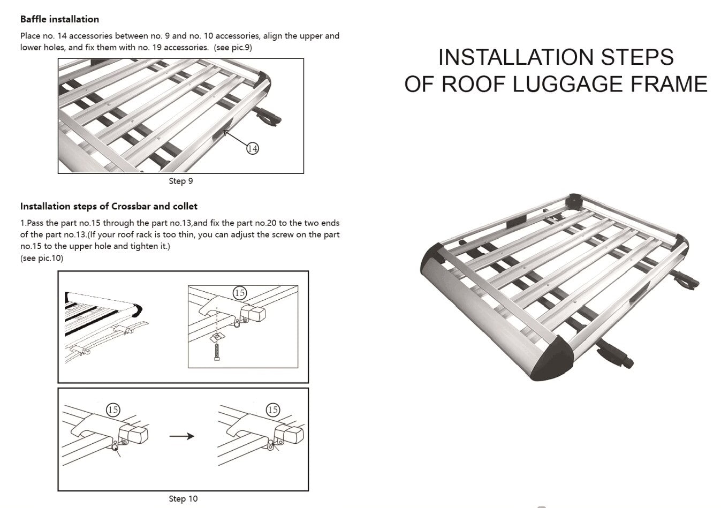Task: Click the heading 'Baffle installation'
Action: pyautogui.click(x=59, y=19)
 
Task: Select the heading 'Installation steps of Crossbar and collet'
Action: pyautogui.click(x=109, y=206)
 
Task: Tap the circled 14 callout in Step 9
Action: pyautogui.click(x=252, y=148)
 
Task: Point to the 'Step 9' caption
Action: pyautogui.click(x=181, y=181)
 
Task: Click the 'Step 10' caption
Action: pyautogui.click(x=183, y=498)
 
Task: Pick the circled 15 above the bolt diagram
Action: pyautogui.click(x=240, y=292)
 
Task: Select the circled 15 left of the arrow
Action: pyautogui.click(x=113, y=410)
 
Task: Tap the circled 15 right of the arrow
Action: pyautogui.click(x=273, y=410)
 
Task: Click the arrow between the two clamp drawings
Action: pyautogui.click(x=181, y=436)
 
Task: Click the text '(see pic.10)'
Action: pyautogui.click(x=42, y=258)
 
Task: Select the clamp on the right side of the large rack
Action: pyautogui.click(x=687, y=279)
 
